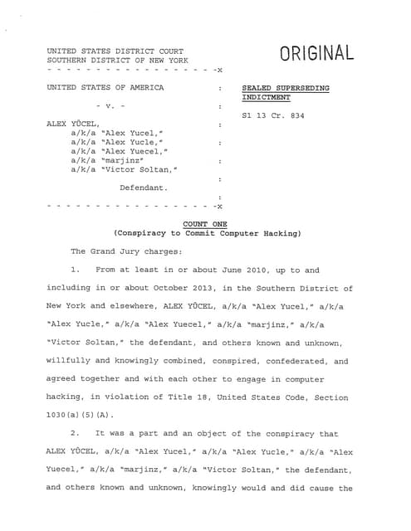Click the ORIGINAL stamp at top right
click(316, 54)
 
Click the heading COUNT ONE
click(206, 223)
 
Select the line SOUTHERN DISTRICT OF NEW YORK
click(117, 61)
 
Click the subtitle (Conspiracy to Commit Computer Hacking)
click(207, 233)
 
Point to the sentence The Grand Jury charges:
click(125, 251)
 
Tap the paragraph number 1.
click(75, 270)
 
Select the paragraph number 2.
click(75, 434)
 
